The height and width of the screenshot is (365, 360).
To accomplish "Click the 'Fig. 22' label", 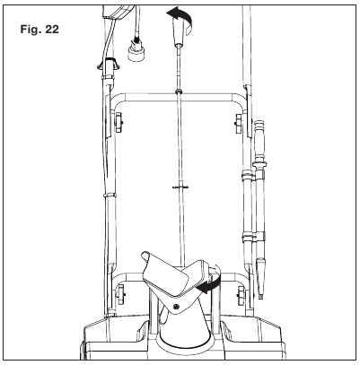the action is click(40, 30).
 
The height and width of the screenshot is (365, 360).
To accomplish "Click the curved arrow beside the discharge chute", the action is click(212, 282).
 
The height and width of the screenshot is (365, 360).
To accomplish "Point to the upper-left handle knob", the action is click(119, 122).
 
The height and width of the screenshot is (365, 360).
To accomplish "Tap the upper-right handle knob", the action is click(239, 123).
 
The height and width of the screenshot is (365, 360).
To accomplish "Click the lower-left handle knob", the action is click(120, 294).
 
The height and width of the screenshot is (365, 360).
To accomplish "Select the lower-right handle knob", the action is click(241, 296).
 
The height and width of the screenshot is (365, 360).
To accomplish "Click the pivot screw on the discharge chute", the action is click(177, 306).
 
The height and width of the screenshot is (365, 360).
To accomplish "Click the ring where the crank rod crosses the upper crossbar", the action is click(179, 90).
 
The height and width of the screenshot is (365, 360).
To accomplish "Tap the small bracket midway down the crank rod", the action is click(180, 187).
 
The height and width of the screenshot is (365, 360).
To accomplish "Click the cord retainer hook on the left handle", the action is click(108, 64).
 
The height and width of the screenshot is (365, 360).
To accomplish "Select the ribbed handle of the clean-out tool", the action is click(259, 141).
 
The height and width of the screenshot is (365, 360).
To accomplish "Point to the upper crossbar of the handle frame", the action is click(179, 97).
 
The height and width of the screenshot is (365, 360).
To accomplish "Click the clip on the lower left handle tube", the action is click(109, 195).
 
